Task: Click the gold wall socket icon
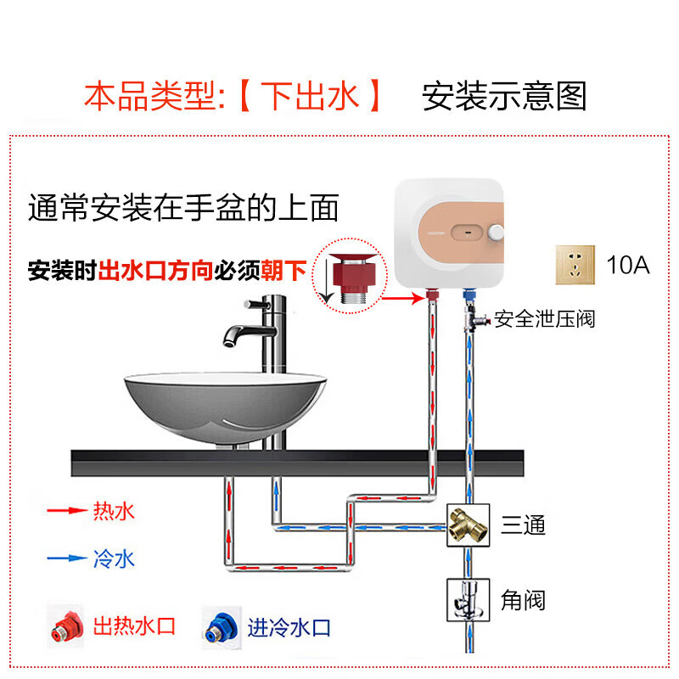(x=574, y=265)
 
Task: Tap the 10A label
(x=628, y=265)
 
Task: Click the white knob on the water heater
(x=496, y=232)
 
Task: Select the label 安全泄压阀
(x=545, y=319)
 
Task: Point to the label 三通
(x=523, y=525)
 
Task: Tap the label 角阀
(x=523, y=601)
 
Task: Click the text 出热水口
(x=134, y=628)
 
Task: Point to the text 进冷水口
(x=289, y=628)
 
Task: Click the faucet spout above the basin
(x=233, y=337)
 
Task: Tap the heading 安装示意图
(x=504, y=97)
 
